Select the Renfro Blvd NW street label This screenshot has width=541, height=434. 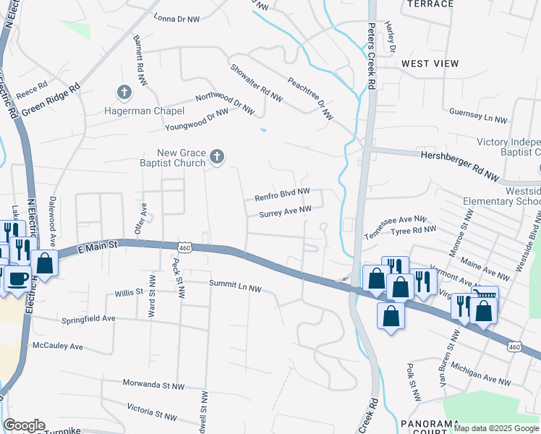tap(282, 196)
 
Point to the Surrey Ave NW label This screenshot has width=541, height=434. tap(285, 212)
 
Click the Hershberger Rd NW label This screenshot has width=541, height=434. tap(460, 155)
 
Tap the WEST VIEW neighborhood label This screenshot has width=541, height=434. tap(430, 64)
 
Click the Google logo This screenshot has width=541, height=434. tap(24, 425)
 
